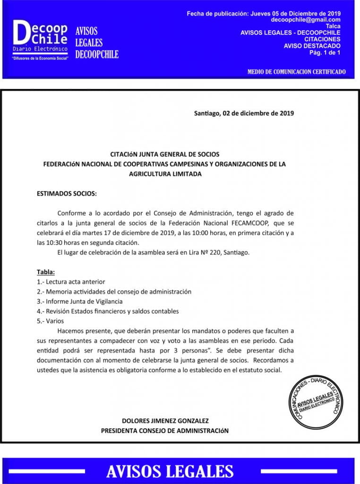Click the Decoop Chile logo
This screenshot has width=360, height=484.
pos(41,40)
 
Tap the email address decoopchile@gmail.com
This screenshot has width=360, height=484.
pos(306,20)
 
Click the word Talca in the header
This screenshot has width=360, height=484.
pos(333,26)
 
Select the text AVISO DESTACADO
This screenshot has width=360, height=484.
pos(312,46)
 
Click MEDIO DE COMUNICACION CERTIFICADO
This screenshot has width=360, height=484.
pos(296,72)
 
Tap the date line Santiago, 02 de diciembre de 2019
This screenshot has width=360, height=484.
pos(244,113)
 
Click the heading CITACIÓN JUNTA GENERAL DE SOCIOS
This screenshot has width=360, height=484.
pos(164,154)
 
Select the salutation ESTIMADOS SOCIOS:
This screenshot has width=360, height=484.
pos(67,193)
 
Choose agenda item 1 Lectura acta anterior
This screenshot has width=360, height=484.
pos(71,282)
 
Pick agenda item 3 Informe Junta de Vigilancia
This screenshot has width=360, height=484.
pos(80,301)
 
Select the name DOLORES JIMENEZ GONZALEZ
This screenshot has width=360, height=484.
pos(165,421)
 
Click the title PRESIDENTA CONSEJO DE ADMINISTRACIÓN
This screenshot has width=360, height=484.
pos(164,431)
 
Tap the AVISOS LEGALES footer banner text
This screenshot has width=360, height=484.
pos(170,471)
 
